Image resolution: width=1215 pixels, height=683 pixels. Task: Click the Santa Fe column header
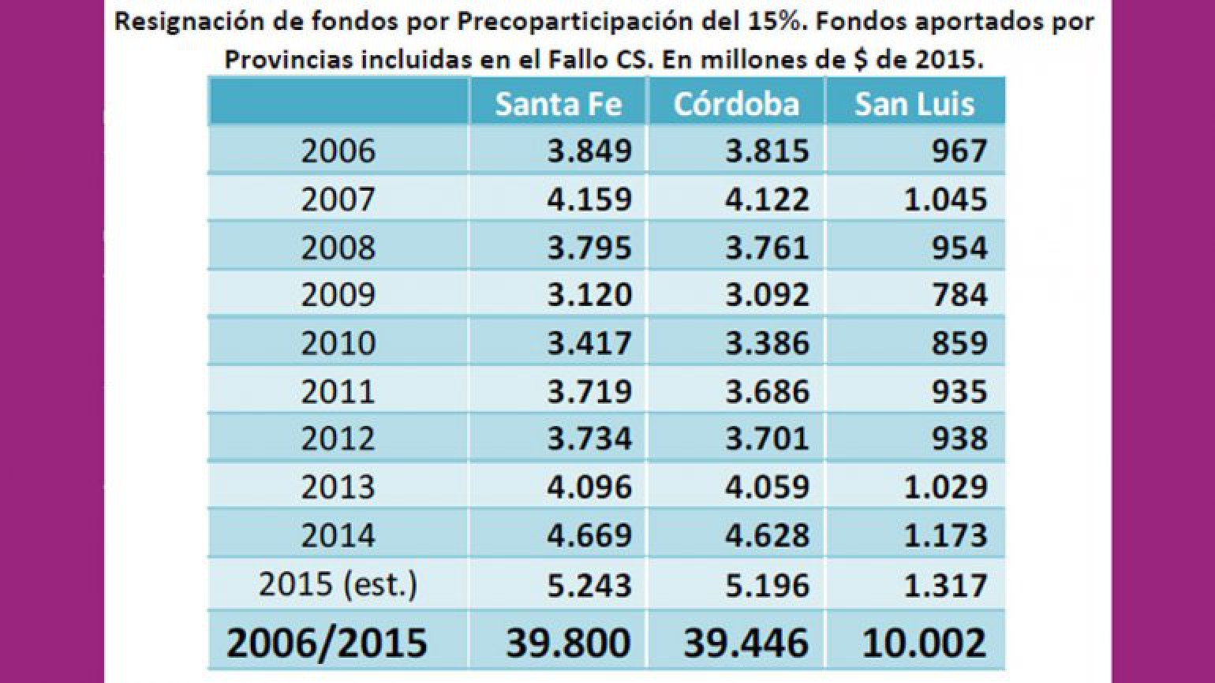pyautogui.click(x=558, y=104)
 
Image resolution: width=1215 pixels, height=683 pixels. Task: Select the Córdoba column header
pyautogui.click(x=736, y=104)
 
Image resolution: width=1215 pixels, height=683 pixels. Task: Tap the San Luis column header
pyautogui.click(x=914, y=104)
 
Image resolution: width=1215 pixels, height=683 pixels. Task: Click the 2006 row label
pyautogui.click(x=338, y=151)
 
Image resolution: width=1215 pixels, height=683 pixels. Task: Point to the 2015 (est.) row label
pyautogui.click(x=338, y=584)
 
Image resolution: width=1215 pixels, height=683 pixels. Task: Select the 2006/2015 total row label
pyautogui.click(x=327, y=642)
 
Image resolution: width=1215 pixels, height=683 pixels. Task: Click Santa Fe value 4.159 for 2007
pyautogui.click(x=589, y=199)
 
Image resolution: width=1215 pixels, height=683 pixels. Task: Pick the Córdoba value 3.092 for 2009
pyautogui.click(x=767, y=295)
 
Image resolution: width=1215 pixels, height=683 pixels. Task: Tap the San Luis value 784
pyautogui.click(x=959, y=295)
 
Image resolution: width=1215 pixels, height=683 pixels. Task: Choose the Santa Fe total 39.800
pyautogui.click(x=568, y=642)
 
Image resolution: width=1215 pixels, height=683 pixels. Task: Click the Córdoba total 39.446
pyautogui.click(x=746, y=642)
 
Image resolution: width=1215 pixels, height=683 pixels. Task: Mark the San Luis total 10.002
pyautogui.click(x=924, y=642)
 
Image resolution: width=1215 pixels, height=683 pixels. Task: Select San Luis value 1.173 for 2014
pyautogui.click(x=945, y=536)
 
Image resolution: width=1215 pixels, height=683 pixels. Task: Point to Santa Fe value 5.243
pyautogui.click(x=589, y=585)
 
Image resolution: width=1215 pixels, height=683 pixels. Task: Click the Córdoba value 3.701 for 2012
pyautogui.click(x=767, y=439)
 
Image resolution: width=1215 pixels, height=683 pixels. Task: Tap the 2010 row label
pyautogui.click(x=338, y=343)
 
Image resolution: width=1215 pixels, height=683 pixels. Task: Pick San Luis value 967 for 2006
pyautogui.click(x=959, y=151)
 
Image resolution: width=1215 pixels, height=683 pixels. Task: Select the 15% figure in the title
pyautogui.click(x=779, y=21)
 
